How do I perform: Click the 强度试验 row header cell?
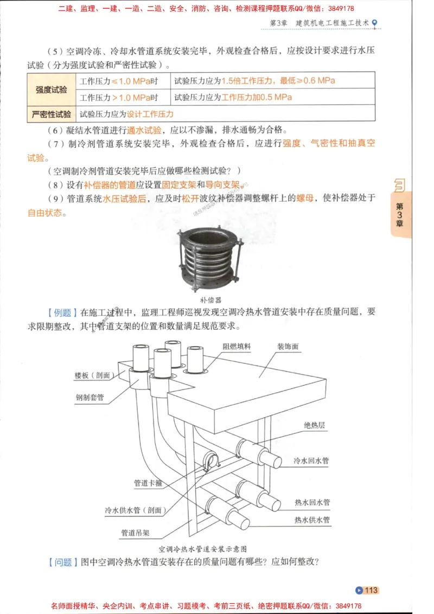click(52, 89)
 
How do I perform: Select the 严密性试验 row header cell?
click(52, 114)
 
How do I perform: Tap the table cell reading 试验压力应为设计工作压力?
click(126, 114)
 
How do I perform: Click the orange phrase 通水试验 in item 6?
click(144, 130)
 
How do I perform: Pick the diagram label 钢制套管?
click(90, 398)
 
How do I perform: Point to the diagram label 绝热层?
click(315, 425)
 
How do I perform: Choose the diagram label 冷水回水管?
click(311, 460)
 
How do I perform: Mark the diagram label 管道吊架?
click(135, 533)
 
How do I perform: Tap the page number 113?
click(371, 591)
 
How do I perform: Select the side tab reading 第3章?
click(400, 215)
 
